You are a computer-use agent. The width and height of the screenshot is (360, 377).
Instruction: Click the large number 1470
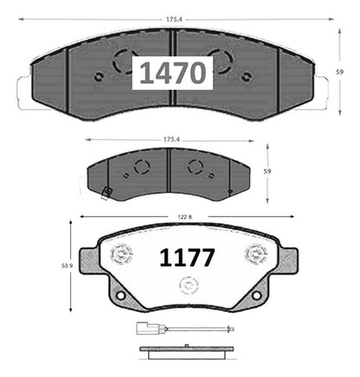coord(173,73)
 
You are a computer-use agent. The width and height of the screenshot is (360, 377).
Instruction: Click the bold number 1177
coord(187,258)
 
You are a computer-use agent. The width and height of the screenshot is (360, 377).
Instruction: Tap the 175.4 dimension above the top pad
coord(173,20)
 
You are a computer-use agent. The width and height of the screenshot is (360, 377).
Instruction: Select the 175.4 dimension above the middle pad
coord(171,139)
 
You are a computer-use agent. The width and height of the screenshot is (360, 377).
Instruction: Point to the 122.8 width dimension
coord(184,217)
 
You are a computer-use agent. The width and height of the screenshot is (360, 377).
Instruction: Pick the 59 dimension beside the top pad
coord(340,72)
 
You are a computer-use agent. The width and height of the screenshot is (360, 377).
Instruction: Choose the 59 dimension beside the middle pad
coord(267,171)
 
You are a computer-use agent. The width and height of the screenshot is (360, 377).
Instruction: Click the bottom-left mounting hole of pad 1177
coord(121,295)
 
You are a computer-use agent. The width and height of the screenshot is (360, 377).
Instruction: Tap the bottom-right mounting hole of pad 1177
coord(256,295)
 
